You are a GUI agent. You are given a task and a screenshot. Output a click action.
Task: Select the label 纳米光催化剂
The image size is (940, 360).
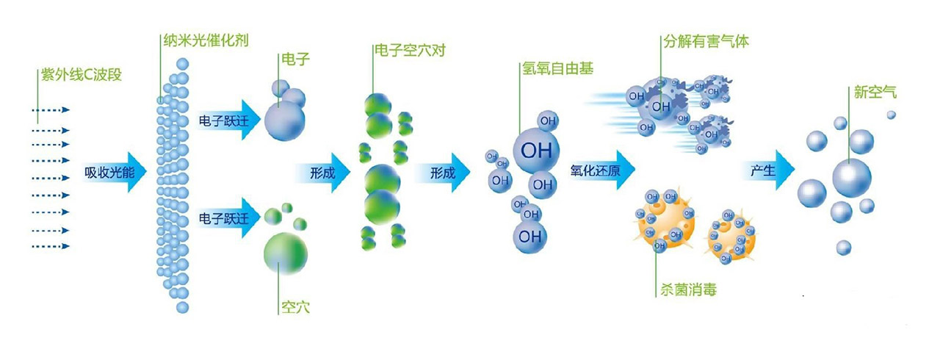click(x=206, y=40)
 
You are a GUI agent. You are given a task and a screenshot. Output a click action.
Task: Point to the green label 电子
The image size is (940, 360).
click(x=294, y=58)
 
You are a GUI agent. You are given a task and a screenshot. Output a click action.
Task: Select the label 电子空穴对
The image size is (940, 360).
click(x=409, y=51)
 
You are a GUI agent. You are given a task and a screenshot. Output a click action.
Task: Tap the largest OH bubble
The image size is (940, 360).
click(x=536, y=150)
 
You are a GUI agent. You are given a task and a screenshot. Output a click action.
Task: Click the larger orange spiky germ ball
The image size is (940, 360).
click(x=665, y=218)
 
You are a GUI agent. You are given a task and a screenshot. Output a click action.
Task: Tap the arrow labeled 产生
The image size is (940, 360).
click(x=767, y=171)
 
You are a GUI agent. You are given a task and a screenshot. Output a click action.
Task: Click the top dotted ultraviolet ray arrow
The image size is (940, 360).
click(x=51, y=109)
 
